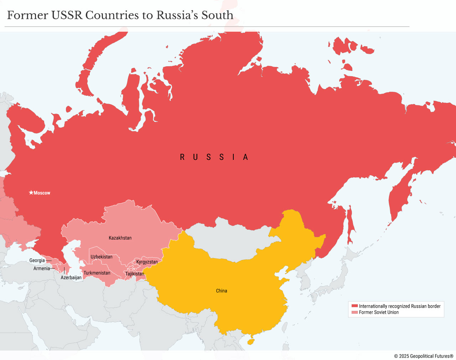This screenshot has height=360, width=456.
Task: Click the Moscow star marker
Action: pyautogui.click(x=31, y=193)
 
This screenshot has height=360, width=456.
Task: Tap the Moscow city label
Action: pyautogui.click(x=42, y=193)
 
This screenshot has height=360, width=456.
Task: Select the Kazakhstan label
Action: pyautogui.click(x=120, y=238)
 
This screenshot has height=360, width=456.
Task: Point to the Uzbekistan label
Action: pyautogui.click(x=102, y=257)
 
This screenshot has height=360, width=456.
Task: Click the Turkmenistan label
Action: pyautogui.click(x=97, y=273)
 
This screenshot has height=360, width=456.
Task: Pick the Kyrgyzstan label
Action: pyautogui.click(x=147, y=262)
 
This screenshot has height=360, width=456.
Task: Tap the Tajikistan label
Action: pyautogui.click(x=135, y=274)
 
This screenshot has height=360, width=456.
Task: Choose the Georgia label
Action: pyautogui.click(x=37, y=261)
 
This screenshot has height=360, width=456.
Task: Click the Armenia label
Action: pyautogui.click(x=42, y=268)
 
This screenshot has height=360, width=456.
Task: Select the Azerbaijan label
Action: pyautogui.click(x=71, y=278)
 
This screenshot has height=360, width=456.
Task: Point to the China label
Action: pyautogui.click(x=221, y=291)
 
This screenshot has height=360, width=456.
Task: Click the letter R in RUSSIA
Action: pyautogui.click(x=182, y=157)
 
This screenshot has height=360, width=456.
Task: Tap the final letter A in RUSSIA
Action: pyautogui.click(x=245, y=157)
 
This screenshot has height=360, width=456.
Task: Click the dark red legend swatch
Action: pyautogui.click(x=354, y=306)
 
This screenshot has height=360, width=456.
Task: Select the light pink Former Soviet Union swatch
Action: pyautogui.click(x=354, y=312)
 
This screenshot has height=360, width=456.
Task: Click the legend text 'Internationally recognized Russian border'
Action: pyautogui.click(x=400, y=306)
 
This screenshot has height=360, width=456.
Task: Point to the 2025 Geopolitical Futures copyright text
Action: pyautogui.click(x=424, y=356)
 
